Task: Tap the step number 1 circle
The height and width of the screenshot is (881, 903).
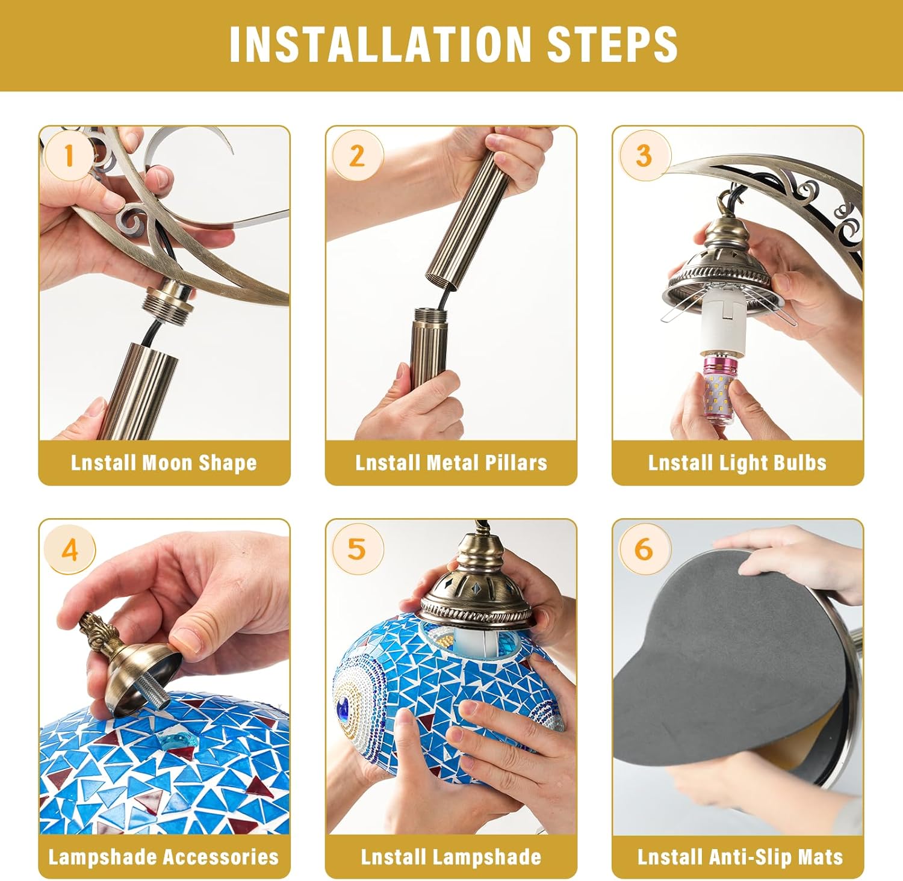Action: pos(69,156)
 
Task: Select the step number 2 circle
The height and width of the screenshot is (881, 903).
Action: pos(357,156)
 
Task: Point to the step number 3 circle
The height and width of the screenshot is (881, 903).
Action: pos(644,156)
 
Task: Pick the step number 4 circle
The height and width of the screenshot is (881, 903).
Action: pos(70,549)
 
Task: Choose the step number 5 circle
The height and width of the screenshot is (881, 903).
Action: pos(357,549)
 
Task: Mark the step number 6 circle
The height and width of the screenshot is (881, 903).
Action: pos(644,549)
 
